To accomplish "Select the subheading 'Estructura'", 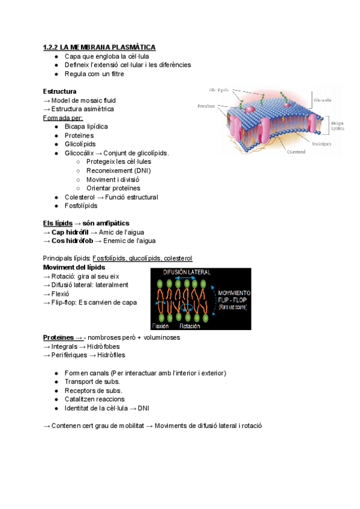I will coord(59,91).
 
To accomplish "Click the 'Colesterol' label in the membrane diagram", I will coord(296,152).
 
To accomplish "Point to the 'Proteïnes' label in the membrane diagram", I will coord(207,106).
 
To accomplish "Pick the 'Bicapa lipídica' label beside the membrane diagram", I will coord(337,125).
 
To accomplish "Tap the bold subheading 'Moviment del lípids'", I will coord(74,267).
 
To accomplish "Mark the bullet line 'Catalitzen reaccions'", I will coord(94,399).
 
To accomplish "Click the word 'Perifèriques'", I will coord(70,355).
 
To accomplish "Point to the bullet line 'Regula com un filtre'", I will coord(94,74).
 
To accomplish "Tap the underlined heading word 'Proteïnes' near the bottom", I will coord(58,337).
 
